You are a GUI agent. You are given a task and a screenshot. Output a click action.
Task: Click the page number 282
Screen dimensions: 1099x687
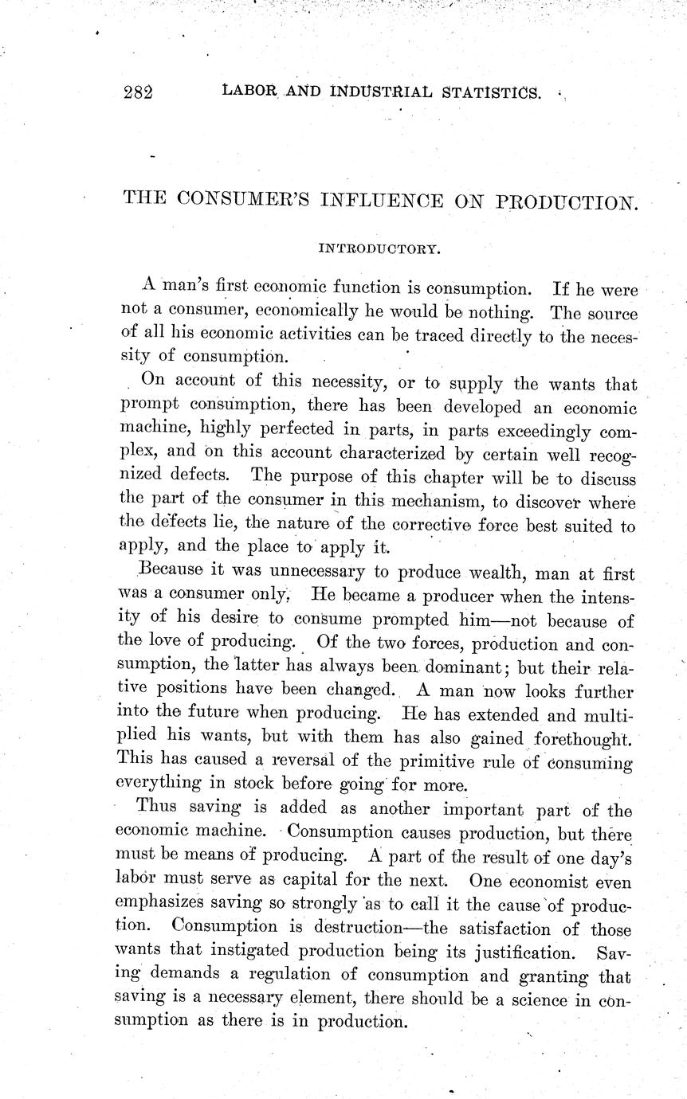(x=138, y=92)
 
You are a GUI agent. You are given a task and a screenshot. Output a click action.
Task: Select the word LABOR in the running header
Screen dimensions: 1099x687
(x=248, y=92)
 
